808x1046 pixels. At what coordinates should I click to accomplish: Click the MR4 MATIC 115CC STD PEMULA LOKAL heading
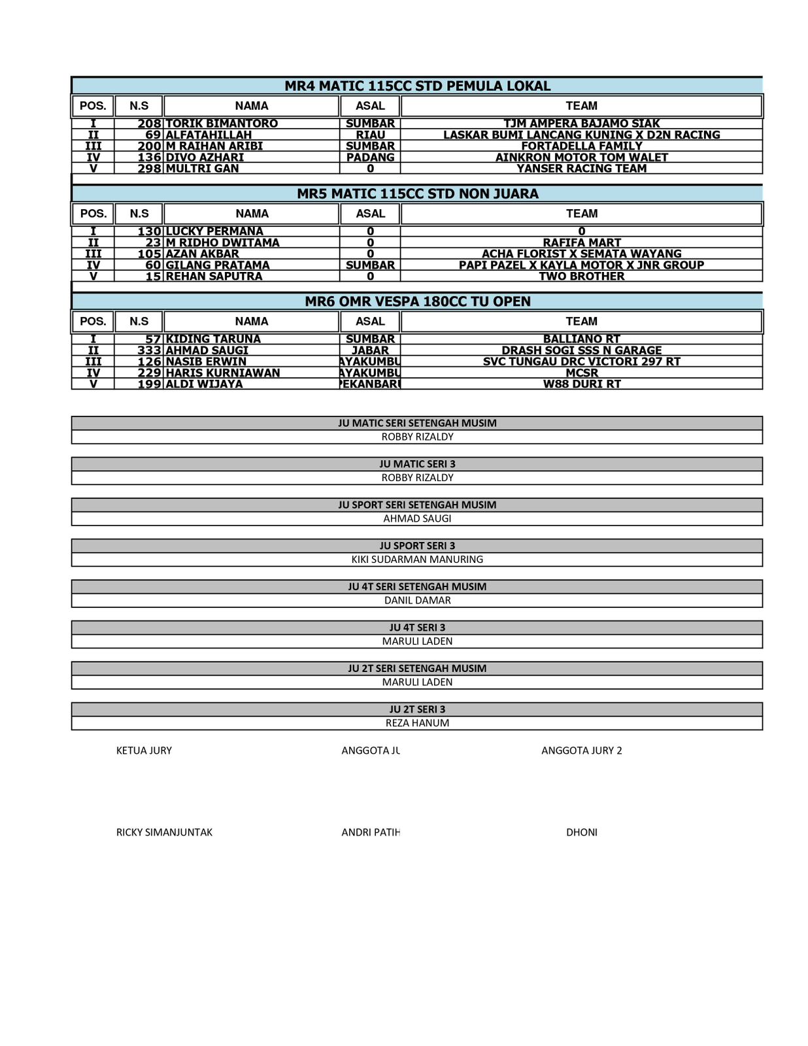tap(417, 86)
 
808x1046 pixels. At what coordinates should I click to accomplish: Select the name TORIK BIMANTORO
tap(222, 124)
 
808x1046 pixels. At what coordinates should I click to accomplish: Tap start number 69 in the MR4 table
tap(153, 135)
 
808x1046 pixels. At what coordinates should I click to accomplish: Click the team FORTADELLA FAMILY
tap(581, 146)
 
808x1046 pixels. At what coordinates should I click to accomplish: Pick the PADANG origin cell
tap(370, 157)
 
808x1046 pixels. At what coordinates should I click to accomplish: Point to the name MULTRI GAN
tap(202, 168)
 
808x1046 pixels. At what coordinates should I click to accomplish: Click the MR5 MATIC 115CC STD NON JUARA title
tap(417, 194)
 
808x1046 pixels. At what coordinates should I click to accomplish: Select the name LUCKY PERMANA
tap(214, 231)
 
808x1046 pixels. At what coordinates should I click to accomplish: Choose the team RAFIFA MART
tap(581, 243)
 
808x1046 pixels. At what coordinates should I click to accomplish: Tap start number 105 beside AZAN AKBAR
tap(149, 254)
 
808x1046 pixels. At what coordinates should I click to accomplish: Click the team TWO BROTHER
tap(581, 276)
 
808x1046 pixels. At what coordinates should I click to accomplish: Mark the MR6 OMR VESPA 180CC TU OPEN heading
tap(417, 301)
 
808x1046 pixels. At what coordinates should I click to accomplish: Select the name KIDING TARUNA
tap(213, 339)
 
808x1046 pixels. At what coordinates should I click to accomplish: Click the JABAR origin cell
tap(370, 350)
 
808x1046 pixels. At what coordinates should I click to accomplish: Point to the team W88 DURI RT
tap(581, 384)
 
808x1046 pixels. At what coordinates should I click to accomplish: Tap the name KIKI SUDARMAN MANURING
tap(417, 560)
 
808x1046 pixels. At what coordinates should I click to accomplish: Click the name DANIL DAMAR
tap(417, 600)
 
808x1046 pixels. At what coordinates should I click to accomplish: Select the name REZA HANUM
tap(417, 723)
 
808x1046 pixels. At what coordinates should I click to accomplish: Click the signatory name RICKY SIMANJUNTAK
tap(164, 832)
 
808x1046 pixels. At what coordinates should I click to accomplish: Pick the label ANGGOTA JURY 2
tap(581, 751)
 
